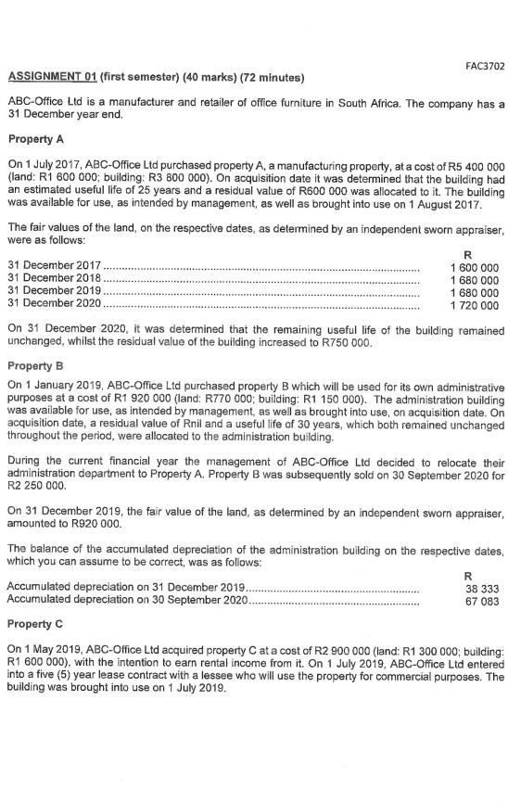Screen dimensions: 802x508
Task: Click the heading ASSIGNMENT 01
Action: coord(54,75)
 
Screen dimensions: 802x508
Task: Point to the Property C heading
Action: coord(34,623)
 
